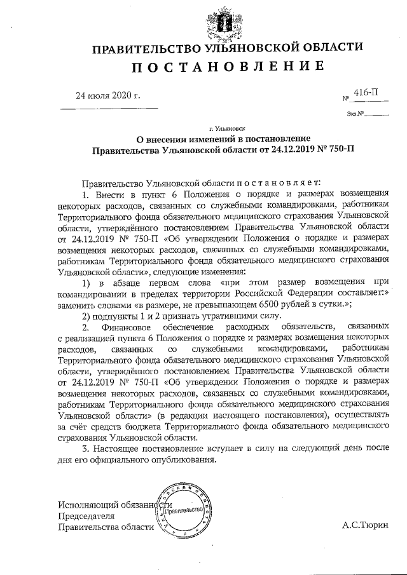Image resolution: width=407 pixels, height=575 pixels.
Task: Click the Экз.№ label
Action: (x=355, y=114)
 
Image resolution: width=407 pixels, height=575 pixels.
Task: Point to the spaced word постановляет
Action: (x=273, y=182)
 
